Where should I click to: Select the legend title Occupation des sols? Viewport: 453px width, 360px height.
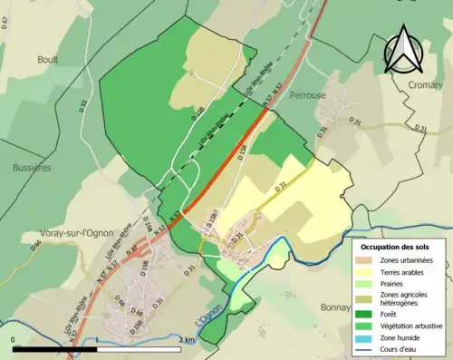(x=398, y=247)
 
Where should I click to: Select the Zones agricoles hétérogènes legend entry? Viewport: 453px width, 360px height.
(x=406, y=297)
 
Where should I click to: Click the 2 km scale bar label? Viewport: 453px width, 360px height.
(x=187, y=340)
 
